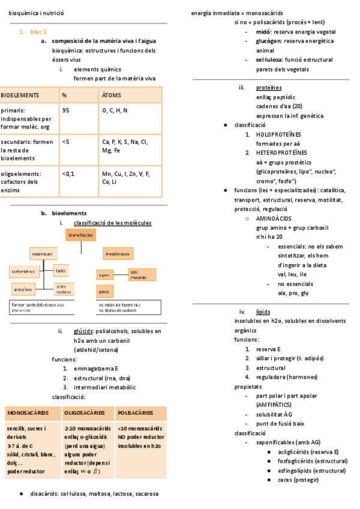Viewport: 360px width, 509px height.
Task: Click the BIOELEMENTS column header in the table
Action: click(x=20, y=95)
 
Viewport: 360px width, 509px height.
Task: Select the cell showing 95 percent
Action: click(x=66, y=110)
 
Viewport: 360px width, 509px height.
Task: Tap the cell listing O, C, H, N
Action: click(x=115, y=110)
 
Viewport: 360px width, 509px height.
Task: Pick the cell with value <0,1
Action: click(x=68, y=173)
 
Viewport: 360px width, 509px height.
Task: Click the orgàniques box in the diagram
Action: click(x=43, y=254)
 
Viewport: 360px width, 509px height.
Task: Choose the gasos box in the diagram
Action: click(x=104, y=292)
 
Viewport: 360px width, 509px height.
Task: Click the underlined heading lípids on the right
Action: click(x=263, y=312)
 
